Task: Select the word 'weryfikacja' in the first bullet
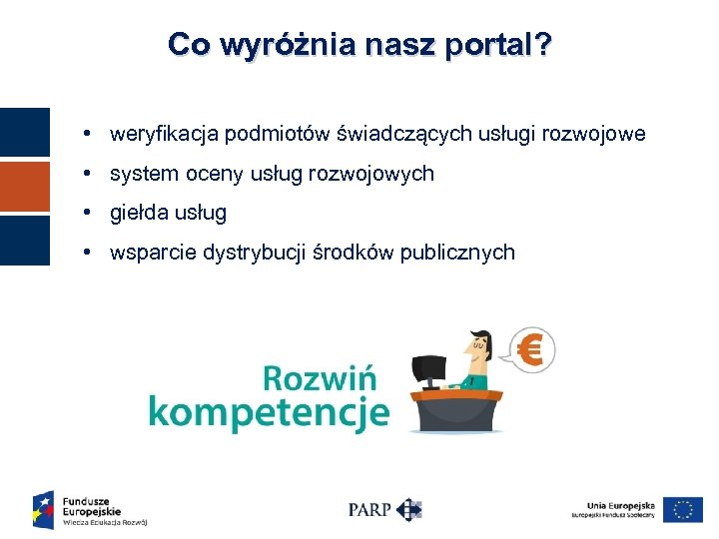(165, 134)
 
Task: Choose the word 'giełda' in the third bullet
(139, 213)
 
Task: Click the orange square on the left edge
(24, 186)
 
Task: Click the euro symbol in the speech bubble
(531, 351)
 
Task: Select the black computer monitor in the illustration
(430, 372)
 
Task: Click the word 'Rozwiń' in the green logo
(320, 379)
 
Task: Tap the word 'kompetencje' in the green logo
(268, 411)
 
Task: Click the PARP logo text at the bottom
(369, 509)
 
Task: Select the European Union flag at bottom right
(683, 509)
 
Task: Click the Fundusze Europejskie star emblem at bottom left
(43, 509)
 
